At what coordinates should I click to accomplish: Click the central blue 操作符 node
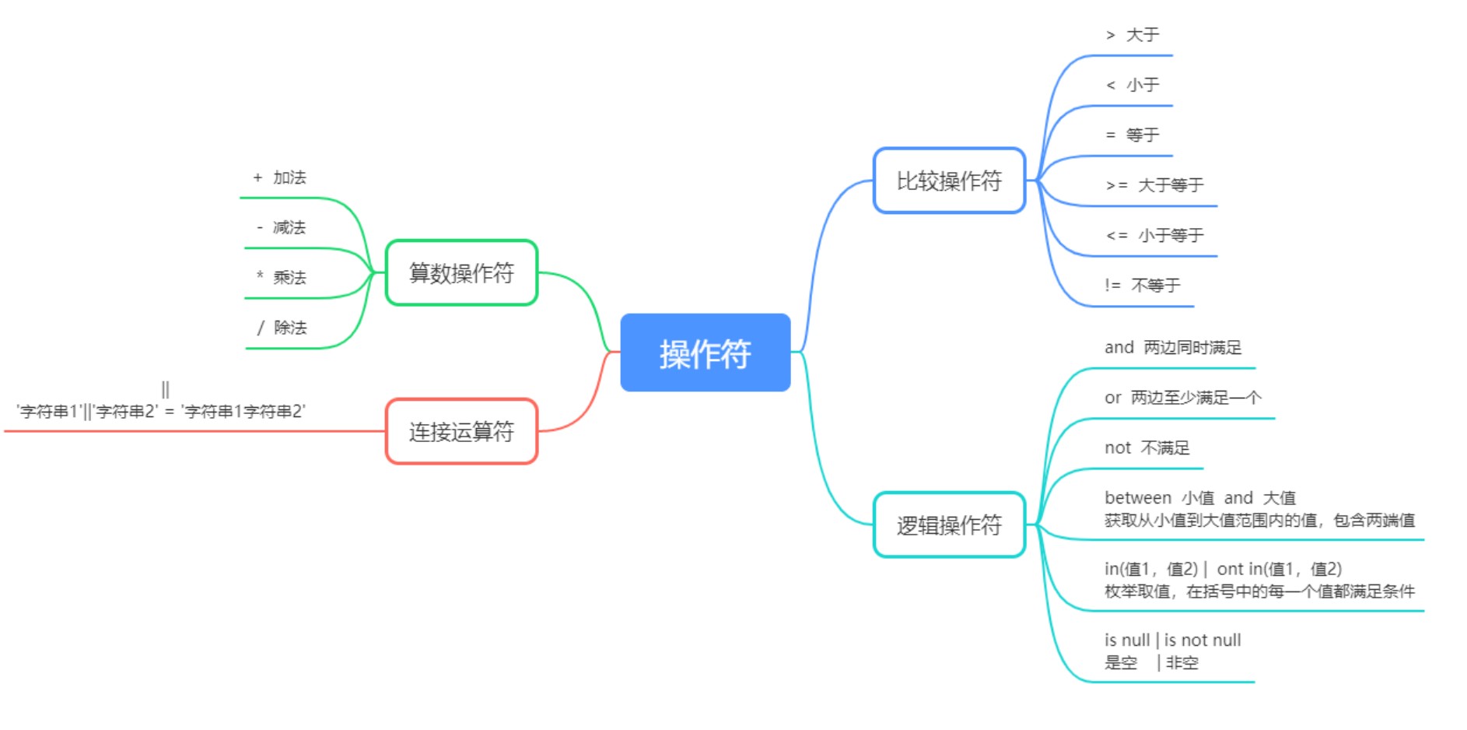[705, 353]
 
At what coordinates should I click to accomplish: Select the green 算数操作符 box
[461, 273]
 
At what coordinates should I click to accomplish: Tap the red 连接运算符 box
[461, 431]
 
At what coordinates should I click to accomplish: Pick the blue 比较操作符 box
[949, 181]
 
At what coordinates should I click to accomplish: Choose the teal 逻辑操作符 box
[949, 525]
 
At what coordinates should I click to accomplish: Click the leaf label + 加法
[280, 177]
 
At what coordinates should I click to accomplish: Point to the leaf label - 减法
[282, 227]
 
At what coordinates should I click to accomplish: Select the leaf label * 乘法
[282, 277]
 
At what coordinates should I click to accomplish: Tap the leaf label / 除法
[282, 328]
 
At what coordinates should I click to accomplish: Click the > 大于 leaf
[1133, 35]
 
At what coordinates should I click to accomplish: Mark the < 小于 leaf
[1133, 85]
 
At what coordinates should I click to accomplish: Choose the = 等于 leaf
[1133, 135]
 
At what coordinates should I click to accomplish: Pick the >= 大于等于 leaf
[1154, 185]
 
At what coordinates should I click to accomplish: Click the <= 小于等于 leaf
[1154, 235]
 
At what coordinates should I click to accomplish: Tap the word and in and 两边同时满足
[1119, 348]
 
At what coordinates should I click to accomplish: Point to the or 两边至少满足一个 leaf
[1182, 398]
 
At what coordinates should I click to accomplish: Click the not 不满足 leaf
[1147, 447]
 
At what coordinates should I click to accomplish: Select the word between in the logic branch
[1137, 498]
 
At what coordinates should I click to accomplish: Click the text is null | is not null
[1172, 641]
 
